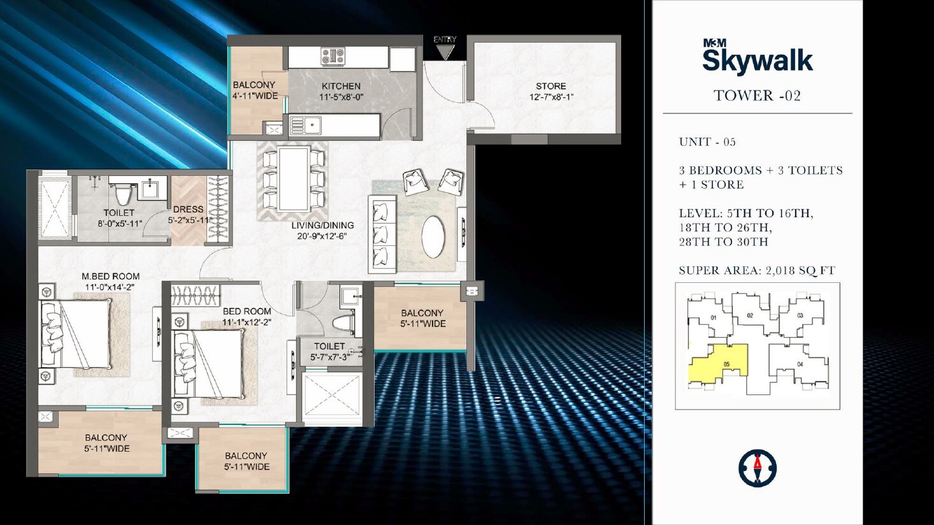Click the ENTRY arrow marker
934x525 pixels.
pos(445,50)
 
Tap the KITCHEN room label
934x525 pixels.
pos(341,86)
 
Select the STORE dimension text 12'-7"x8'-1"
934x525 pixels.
pos(551,97)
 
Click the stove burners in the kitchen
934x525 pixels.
pos(333,56)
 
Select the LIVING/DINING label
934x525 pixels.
pos(322,226)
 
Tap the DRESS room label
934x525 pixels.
pos(188,209)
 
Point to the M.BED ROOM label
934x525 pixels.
pos(110,277)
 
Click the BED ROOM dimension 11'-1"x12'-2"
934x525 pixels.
pos(247,322)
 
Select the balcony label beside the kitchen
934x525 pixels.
pos(254,85)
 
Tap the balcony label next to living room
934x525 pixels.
pos(422,313)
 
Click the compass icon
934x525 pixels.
pos(757,469)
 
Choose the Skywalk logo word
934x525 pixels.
pos(757,61)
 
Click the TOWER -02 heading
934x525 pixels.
pos(757,96)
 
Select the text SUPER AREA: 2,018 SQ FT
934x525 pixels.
pos(756,270)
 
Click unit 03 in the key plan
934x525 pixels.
pos(800,315)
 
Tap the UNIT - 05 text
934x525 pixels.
pos(707,142)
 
